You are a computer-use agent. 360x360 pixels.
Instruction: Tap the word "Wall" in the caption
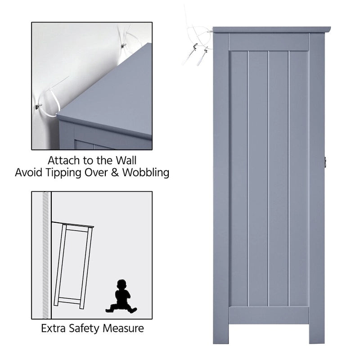pos(126,161)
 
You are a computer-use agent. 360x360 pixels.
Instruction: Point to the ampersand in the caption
pos(115,173)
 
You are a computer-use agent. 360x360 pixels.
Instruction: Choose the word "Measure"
pos(123,328)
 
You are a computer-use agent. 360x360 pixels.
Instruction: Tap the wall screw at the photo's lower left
pos(39,106)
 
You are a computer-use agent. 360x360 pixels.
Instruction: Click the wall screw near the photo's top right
pos(124,45)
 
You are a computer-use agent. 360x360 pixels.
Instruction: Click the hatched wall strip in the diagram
pos(46,255)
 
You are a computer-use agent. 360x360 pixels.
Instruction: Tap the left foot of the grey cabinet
pos(220,333)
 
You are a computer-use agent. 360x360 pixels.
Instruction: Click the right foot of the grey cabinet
pos(317,333)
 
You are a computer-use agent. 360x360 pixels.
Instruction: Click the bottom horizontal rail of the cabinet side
pos(269,315)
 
